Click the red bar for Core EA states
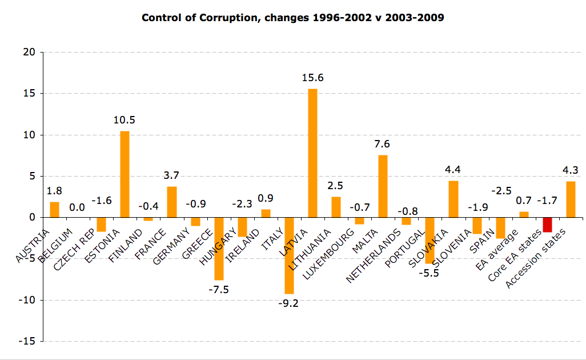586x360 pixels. (x=547, y=225)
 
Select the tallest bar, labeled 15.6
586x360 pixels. (x=312, y=153)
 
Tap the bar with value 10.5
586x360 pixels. (x=125, y=174)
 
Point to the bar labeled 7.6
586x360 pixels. (x=383, y=186)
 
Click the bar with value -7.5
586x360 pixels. (x=219, y=249)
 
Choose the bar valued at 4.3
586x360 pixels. (x=571, y=199)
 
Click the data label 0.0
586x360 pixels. (x=78, y=207)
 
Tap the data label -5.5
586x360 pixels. (x=430, y=274)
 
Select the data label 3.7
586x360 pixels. (x=171, y=176)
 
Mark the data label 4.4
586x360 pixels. (x=453, y=170)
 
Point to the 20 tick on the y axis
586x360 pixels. (x=30, y=53)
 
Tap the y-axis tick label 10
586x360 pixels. (x=30, y=135)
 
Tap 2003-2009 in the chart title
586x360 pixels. (x=416, y=18)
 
